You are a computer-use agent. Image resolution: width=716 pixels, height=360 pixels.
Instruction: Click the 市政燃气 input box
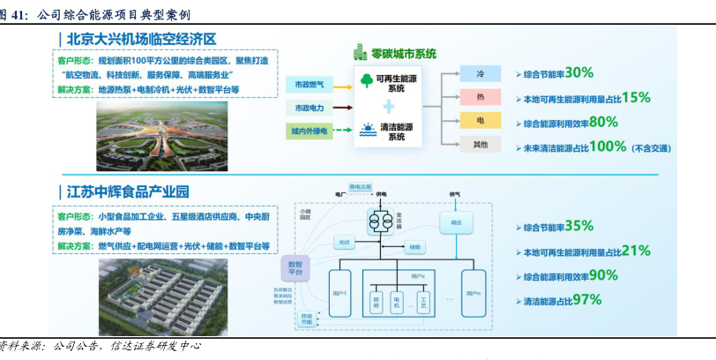(x=307, y=85)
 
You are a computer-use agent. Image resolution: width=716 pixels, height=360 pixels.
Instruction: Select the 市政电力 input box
(x=307, y=108)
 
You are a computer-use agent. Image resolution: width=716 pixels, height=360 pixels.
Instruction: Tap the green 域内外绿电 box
(x=307, y=131)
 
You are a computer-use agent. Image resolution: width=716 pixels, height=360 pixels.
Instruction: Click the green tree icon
(x=365, y=82)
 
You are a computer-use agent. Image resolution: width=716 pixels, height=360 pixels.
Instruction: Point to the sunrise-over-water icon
(x=365, y=133)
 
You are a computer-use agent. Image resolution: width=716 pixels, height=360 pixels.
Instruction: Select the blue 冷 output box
(x=479, y=75)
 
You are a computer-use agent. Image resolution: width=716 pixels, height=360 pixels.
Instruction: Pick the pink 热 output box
(x=479, y=97)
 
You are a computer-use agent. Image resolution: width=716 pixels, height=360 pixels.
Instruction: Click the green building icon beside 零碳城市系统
(x=360, y=52)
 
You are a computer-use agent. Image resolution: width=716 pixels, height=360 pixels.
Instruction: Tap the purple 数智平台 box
(x=295, y=268)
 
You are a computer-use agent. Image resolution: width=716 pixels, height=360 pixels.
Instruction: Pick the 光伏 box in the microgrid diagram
(x=344, y=241)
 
